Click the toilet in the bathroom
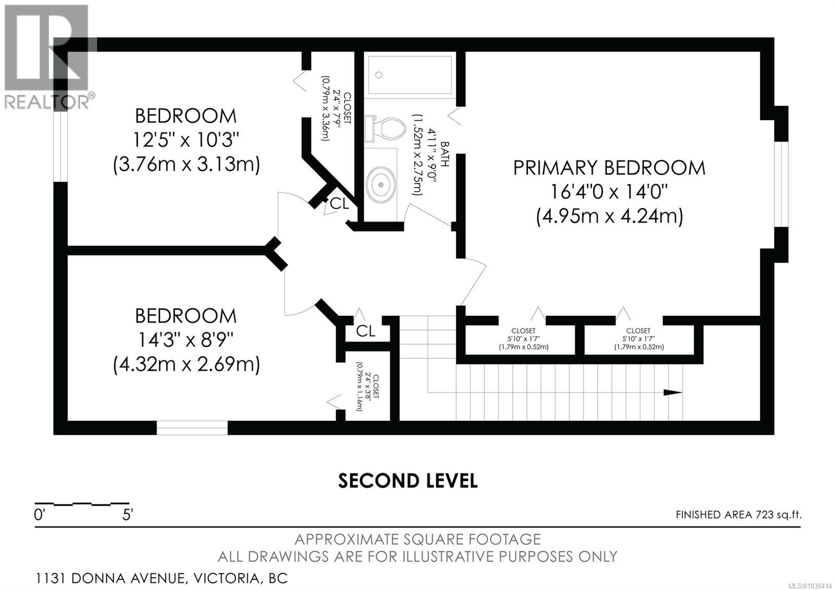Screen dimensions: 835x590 (x=386, y=129)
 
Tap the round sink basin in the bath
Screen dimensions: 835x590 (x=380, y=184)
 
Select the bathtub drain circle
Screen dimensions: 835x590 (x=379, y=75)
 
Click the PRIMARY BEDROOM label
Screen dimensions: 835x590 (x=609, y=168)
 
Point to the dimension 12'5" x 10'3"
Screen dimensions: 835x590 (x=186, y=140)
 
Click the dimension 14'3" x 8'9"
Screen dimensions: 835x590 (x=186, y=340)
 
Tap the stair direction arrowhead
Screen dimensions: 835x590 (x=673, y=392)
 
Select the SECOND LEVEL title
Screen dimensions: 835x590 (x=408, y=481)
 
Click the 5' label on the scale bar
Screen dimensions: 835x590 (x=127, y=515)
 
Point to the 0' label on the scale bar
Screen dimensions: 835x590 (x=40, y=515)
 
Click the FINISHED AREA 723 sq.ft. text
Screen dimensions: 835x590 (x=738, y=515)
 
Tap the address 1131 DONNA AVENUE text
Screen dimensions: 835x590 (x=110, y=579)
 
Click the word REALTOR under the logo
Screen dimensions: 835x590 (x=47, y=101)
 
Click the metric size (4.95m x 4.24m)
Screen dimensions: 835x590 (x=610, y=216)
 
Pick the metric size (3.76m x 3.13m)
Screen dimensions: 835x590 (x=186, y=164)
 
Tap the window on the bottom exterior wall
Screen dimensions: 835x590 (x=192, y=428)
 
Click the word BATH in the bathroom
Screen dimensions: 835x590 (x=445, y=154)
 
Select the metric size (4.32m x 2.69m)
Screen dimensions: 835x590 (x=186, y=364)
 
